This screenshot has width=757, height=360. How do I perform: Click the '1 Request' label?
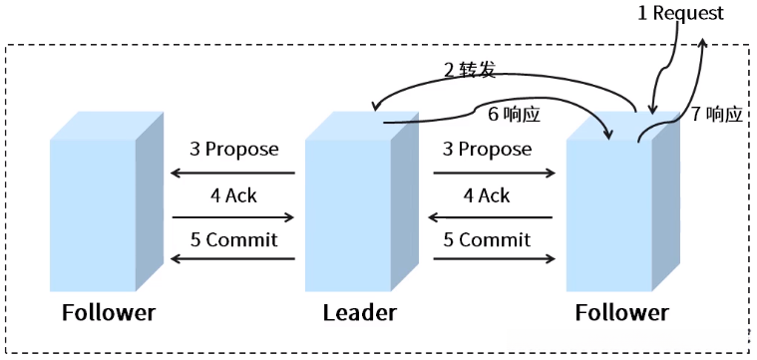pyautogui.click(x=680, y=13)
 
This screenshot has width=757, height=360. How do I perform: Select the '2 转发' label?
pyautogui.click(x=469, y=71)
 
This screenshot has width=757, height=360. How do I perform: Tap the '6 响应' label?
pyautogui.click(x=514, y=115)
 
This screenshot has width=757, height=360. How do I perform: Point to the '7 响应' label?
pyautogui.click(x=716, y=115)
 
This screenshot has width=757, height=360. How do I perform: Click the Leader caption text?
pyautogui.click(x=359, y=313)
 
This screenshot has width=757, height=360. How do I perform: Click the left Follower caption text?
pyautogui.click(x=108, y=313)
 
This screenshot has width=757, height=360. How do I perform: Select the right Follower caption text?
pyautogui.click(x=621, y=313)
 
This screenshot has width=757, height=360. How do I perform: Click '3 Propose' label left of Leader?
pyautogui.click(x=233, y=150)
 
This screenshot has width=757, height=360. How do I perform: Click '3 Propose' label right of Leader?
pyautogui.click(x=486, y=150)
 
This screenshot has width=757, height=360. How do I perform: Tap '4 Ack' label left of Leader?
pyautogui.click(x=233, y=195)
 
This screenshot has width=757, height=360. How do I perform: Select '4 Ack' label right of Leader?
pyautogui.click(x=486, y=195)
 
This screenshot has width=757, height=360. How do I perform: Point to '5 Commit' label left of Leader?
pyautogui.click(x=233, y=240)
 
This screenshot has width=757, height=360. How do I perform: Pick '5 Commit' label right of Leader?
pyautogui.click(x=486, y=240)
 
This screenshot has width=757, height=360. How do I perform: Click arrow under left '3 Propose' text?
pyautogui.click(x=233, y=173)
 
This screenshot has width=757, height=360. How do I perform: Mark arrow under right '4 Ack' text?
pyautogui.click(x=494, y=216)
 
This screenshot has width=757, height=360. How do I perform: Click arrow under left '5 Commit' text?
pyautogui.click(x=233, y=259)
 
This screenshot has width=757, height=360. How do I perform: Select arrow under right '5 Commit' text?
pyautogui.click(x=494, y=259)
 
